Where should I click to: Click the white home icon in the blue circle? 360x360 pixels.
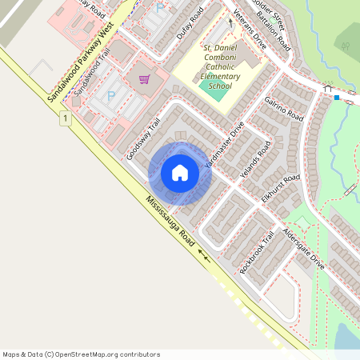point(180,173)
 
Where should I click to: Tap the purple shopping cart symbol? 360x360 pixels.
point(144,79)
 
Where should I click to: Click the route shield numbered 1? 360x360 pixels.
point(64,118)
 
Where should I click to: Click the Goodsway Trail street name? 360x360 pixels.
point(143,138)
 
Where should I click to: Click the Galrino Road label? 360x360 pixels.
point(283,108)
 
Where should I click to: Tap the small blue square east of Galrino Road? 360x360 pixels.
point(337,98)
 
